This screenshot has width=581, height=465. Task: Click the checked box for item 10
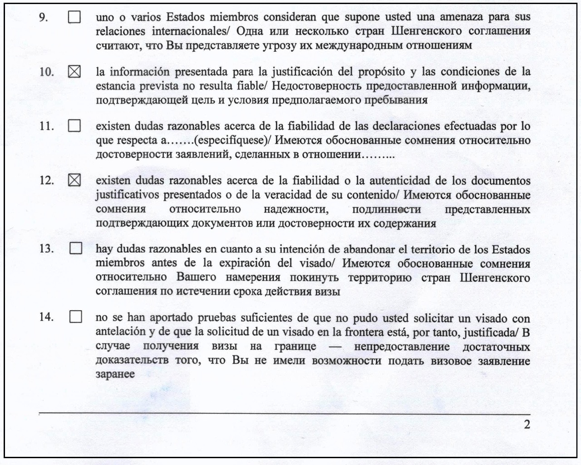coord(74,72)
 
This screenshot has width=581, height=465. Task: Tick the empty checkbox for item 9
coord(74,17)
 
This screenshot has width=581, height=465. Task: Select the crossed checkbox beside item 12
coord(74,180)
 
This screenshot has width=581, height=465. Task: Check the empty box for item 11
coord(74,126)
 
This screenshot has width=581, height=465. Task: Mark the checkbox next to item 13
coord(76,249)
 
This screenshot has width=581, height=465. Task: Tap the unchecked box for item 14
coord(76,317)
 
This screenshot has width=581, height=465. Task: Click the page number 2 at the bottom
coord(527,425)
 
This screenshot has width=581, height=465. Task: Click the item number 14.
coord(46,317)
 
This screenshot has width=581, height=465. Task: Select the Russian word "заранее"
coord(115,375)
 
